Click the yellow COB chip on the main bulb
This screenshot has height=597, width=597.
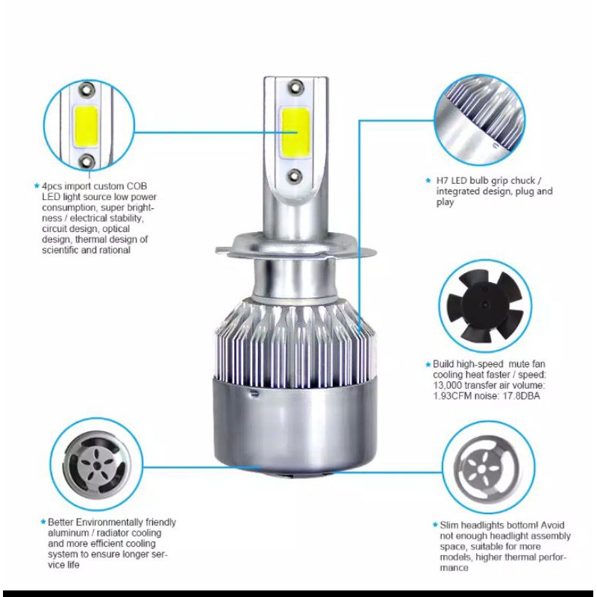tap(295, 133)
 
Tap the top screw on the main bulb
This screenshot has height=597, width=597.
tap(296, 87)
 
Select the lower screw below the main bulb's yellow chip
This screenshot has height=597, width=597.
tap(294, 175)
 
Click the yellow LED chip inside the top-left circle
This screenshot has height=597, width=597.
tap(87, 126)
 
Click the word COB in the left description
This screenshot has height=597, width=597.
tap(137, 186)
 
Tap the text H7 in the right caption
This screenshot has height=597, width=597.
tap(442, 181)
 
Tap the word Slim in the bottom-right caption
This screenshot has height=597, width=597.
tap(450, 525)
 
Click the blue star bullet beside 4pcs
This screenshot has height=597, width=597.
tap(37, 186)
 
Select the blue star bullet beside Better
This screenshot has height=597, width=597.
tap(43, 522)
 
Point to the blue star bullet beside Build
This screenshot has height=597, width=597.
tap(428, 364)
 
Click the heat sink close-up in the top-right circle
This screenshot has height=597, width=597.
tap(480, 119)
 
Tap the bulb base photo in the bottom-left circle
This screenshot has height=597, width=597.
tap(97, 463)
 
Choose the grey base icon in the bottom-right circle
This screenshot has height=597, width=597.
tap(489, 468)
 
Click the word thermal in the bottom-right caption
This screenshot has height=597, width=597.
tap(523, 557)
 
